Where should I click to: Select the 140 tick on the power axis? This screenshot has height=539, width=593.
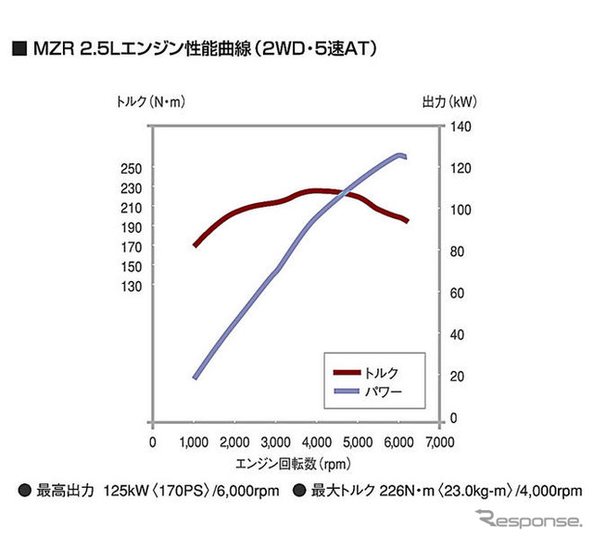tap(461, 126)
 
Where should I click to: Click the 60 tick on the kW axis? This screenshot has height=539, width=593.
tap(458, 293)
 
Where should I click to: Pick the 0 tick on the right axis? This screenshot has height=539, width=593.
tap(455, 418)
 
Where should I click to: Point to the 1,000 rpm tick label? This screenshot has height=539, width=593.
tap(195, 442)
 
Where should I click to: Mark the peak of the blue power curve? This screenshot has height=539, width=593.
tap(400, 155)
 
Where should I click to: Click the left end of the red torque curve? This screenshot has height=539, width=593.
tap(195, 246)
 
